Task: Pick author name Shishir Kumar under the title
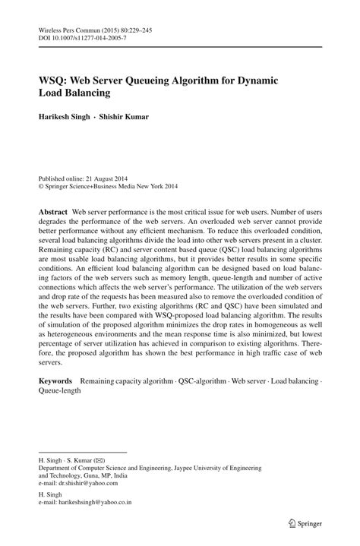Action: point(128,117)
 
